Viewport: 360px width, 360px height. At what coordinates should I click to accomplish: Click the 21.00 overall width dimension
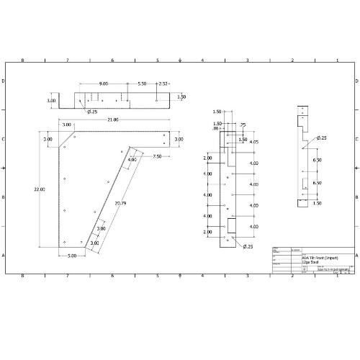coord(114,120)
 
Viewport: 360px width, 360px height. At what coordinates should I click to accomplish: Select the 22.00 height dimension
coord(39,189)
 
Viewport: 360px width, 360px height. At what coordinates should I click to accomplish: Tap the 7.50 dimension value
coord(157,156)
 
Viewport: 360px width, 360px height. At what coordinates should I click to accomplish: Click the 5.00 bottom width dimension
coord(72,256)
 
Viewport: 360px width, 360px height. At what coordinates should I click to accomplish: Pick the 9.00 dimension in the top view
coord(104,84)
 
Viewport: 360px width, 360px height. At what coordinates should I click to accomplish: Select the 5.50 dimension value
coord(142,84)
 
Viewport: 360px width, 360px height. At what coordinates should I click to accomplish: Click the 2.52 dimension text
coord(163,84)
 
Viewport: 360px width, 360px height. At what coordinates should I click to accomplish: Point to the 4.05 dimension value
coord(253,142)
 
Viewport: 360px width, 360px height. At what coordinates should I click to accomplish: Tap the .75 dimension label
coord(243,125)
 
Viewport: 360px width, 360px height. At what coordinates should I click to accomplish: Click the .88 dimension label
coord(217,128)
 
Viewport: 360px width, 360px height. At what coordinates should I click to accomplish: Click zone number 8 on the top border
coord(23,60)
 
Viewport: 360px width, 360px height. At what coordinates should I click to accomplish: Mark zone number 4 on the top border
coord(202,60)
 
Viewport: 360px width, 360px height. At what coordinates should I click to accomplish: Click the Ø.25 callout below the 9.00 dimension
coord(92,112)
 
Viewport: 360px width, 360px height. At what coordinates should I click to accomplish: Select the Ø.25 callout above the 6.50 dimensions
coord(321,138)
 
